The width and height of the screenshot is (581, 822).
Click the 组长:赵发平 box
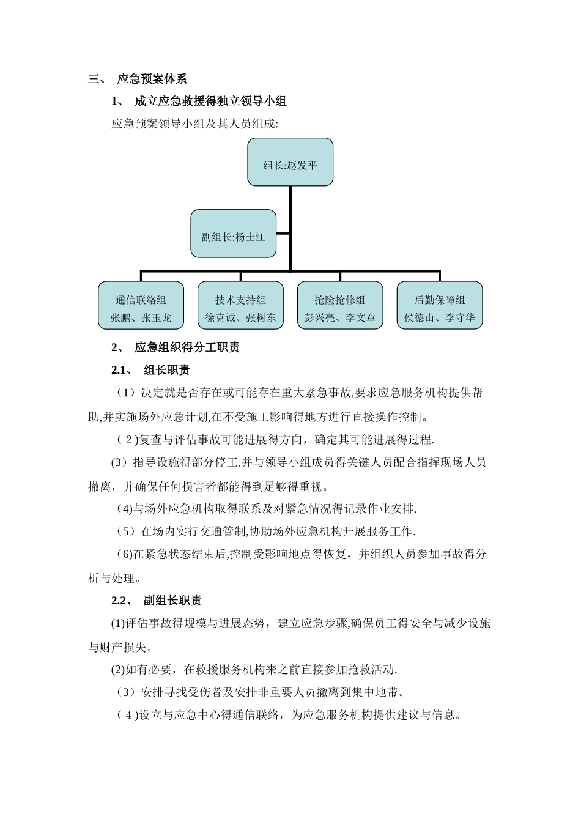(x=290, y=162)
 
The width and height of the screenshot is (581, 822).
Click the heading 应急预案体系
(x=152, y=79)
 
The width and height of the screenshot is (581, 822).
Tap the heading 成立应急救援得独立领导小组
(x=210, y=102)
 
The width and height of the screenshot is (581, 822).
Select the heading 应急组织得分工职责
(x=187, y=347)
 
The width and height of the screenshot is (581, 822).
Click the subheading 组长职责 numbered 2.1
(x=166, y=370)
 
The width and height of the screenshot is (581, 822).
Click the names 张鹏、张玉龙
(x=141, y=318)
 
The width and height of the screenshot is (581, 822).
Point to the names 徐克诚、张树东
(x=240, y=318)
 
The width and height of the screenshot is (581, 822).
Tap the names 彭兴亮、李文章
(x=340, y=318)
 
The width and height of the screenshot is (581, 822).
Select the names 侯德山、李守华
(x=440, y=318)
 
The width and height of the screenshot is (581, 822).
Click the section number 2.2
(x=119, y=601)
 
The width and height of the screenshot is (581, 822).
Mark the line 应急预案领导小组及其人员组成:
(x=194, y=124)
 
